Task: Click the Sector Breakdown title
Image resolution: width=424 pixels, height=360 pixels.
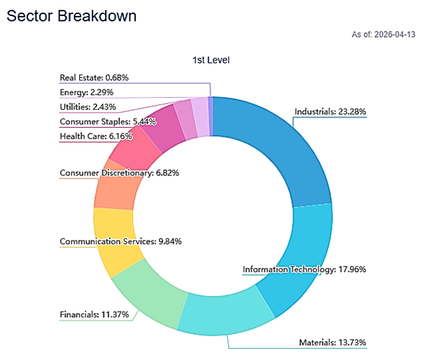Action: pos(71,15)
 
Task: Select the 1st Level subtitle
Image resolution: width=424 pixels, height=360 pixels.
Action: pos(211,60)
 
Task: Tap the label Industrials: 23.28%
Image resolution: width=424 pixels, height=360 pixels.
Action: pos(330,111)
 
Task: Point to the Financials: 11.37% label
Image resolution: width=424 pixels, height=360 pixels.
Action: pos(94,315)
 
